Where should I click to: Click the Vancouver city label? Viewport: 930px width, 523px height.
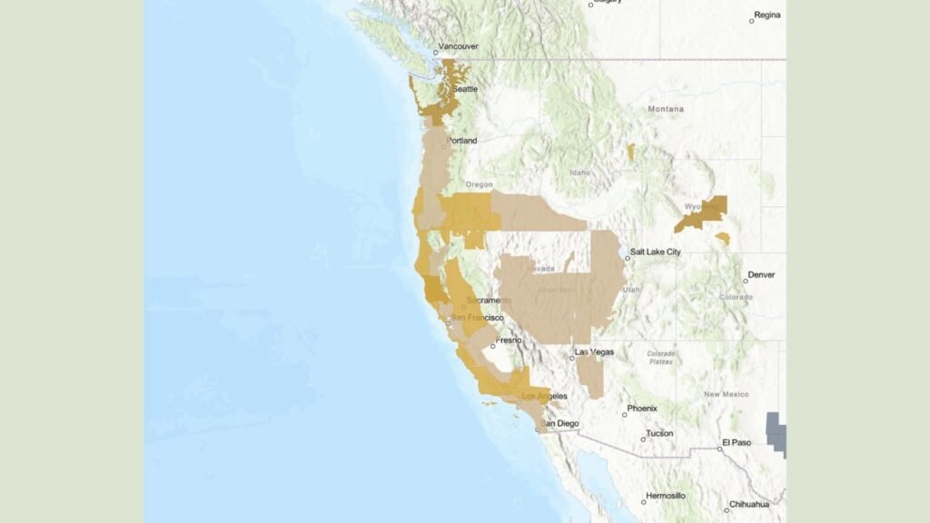(x=458, y=45)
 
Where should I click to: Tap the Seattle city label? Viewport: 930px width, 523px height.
(x=466, y=89)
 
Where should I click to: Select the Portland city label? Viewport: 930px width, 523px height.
(x=462, y=141)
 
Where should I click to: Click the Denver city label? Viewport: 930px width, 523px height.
(x=762, y=274)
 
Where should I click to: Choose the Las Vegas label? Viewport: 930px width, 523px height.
(x=596, y=351)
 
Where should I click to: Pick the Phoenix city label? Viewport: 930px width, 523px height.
(x=642, y=409)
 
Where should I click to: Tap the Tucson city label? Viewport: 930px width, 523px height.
(x=660, y=433)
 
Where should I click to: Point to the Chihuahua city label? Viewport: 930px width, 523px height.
(x=750, y=504)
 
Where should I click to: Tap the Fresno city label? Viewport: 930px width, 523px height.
(x=510, y=340)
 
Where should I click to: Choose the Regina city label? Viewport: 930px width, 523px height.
(x=767, y=15)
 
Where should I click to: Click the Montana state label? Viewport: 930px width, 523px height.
(x=666, y=109)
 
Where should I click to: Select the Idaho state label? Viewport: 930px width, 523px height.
(x=580, y=173)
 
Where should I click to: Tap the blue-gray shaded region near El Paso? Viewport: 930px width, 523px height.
(x=777, y=431)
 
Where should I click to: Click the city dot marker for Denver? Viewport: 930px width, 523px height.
(x=745, y=281)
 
